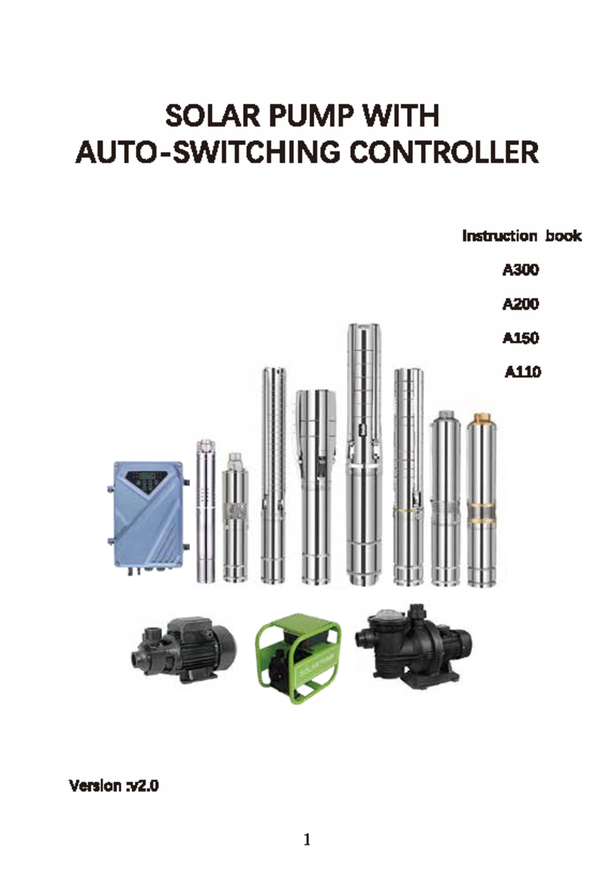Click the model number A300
(520, 269)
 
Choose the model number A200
(520, 304)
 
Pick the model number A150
(520, 338)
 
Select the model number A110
(523, 372)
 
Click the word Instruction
(499, 236)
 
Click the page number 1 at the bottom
(307, 840)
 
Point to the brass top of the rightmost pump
(481, 420)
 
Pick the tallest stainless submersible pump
(363, 454)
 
